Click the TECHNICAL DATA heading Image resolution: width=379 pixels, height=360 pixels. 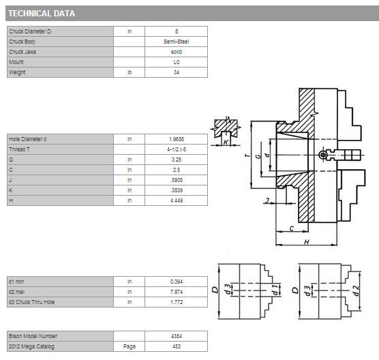pos(42,14)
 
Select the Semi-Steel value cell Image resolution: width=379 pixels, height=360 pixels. pos(176,42)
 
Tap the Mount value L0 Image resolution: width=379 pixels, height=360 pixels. pos(177,62)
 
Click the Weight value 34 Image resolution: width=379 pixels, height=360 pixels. pos(177,72)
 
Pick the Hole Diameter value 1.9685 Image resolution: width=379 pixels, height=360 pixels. pos(177,139)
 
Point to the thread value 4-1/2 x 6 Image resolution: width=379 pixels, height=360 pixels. pos(177,149)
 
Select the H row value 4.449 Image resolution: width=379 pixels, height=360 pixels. pos(177,200)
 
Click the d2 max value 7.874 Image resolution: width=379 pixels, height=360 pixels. pos(177,292)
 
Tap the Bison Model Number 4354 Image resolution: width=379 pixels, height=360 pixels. pos(177,336)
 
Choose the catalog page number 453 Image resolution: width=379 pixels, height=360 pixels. pos(177,346)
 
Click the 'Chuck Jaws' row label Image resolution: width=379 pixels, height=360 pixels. pos(22,52)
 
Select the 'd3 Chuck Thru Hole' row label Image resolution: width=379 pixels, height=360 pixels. pos(31,302)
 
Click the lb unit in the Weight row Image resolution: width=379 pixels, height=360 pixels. pos(130,72)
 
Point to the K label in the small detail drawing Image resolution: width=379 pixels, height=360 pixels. pos(226,142)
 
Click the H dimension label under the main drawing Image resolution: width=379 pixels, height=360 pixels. pos(307,242)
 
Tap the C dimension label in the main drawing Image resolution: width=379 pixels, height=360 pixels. pos(292,228)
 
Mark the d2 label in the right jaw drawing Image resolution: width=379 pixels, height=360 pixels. pos(356,290)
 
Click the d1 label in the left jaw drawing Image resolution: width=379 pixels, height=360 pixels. pos(275,290)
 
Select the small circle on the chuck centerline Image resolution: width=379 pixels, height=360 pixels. pos(322,155)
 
